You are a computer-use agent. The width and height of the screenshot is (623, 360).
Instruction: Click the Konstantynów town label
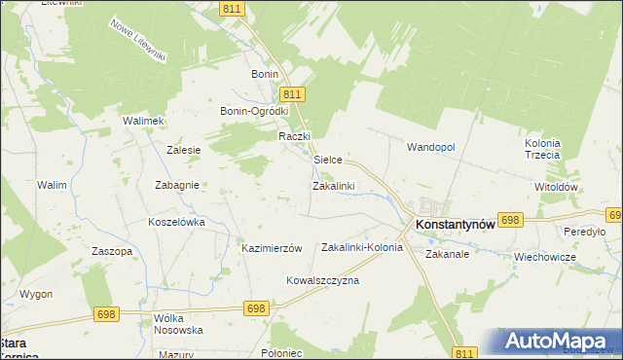tap(456, 223)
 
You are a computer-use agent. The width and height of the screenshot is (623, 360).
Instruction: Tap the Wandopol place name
tap(430, 146)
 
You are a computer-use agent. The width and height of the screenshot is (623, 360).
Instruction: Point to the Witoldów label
tap(557, 187)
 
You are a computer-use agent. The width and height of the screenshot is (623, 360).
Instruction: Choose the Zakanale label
tap(448, 254)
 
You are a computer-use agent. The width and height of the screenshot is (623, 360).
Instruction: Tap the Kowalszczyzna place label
tap(322, 280)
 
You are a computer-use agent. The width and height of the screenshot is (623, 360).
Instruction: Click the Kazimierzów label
tap(273, 248)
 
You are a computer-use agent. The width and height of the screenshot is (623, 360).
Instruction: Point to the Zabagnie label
tap(177, 185)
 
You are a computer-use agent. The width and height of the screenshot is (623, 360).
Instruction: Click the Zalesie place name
tap(183, 150)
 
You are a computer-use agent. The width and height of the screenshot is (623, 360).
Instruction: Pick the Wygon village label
tap(36, 293)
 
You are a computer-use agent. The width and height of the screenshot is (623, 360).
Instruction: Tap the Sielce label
tap(327, 159)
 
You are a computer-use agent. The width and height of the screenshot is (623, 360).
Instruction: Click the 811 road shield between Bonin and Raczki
tap(294, 93)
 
